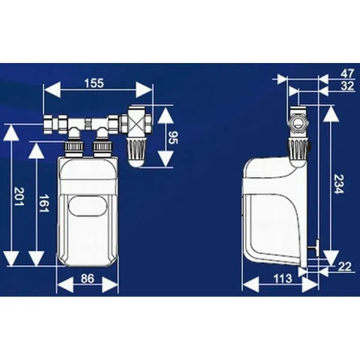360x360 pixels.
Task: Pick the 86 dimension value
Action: click(x=88, y=278)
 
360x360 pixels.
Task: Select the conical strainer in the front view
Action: click(x=137, y=152)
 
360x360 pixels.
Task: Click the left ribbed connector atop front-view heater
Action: click(x=73, y=148)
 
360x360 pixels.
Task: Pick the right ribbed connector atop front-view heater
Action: click(x=102, y=148)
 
